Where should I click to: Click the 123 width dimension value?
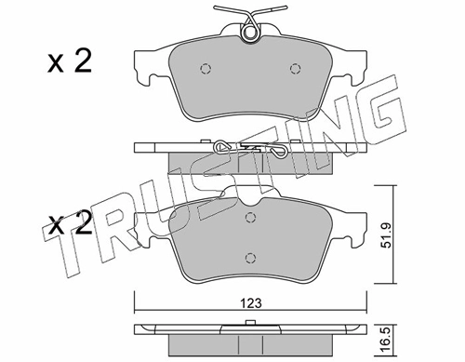[x=251, y=303]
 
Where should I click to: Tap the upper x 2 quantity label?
[x=70, y=61]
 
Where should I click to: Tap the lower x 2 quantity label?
[x=71, y=222]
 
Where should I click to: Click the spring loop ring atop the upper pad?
[x=249, y=32]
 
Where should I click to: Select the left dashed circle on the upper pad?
[x=206, y=69]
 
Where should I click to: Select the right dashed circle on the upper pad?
[x=295, y=69]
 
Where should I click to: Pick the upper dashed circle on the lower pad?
[x=250, y=217]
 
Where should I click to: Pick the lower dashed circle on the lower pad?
[x=250, y=258]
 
